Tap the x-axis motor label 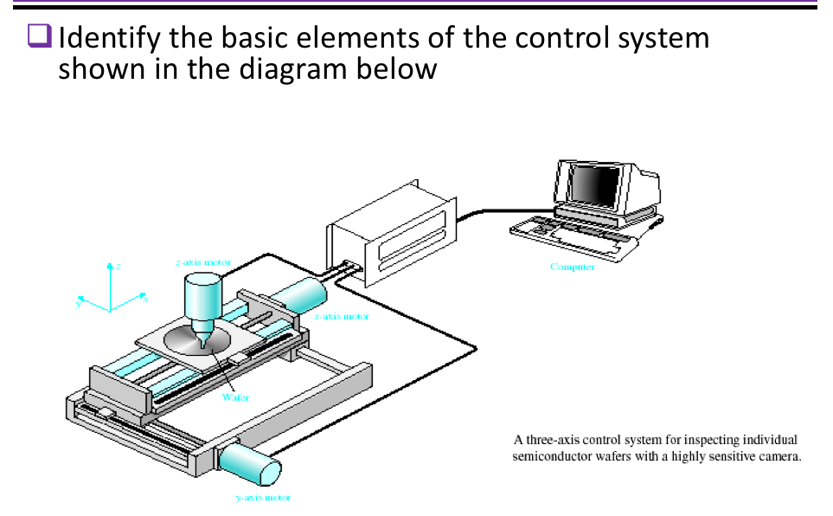tap(342, 317)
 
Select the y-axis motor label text tap(262, 498)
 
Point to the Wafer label tap(235, 397)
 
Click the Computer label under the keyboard tap(572, 267)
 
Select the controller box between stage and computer tap(389, 234)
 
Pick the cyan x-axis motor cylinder tap(297, 294)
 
